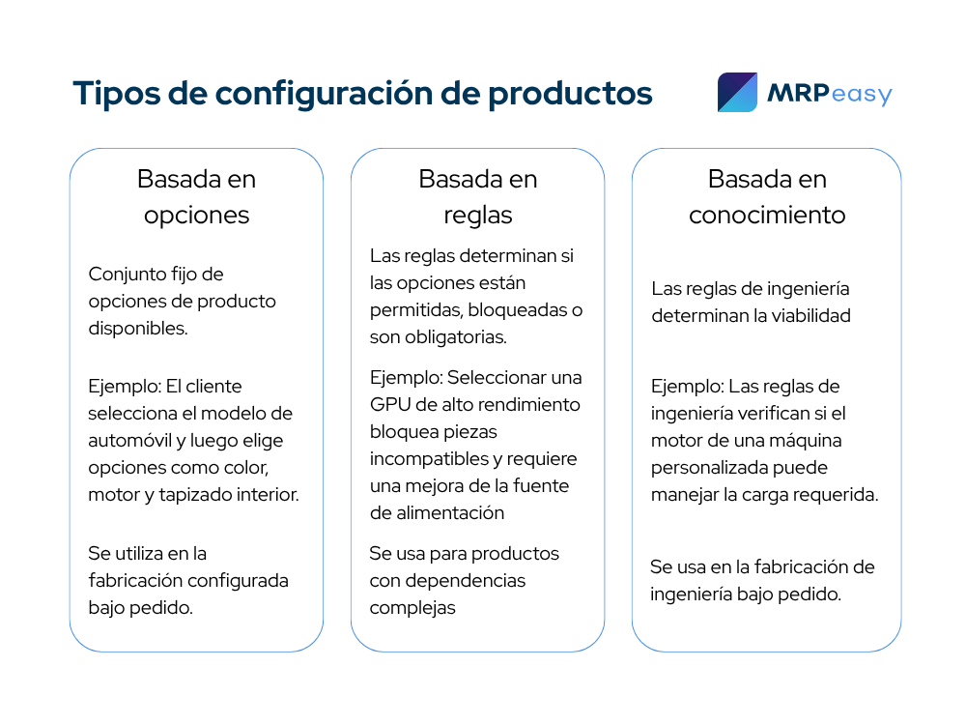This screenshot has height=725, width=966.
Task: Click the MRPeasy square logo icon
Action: tap(737, 93)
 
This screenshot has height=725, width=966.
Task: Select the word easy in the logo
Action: tap(862, 95)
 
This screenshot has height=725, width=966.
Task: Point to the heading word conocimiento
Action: tap(767, 216)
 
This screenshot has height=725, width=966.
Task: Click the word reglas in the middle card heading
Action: tap(478, 216)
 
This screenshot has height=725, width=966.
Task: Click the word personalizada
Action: tap(699, 468)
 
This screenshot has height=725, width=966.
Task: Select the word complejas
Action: tap(412, 608)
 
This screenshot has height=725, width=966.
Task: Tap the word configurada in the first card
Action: tap(238, 581)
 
